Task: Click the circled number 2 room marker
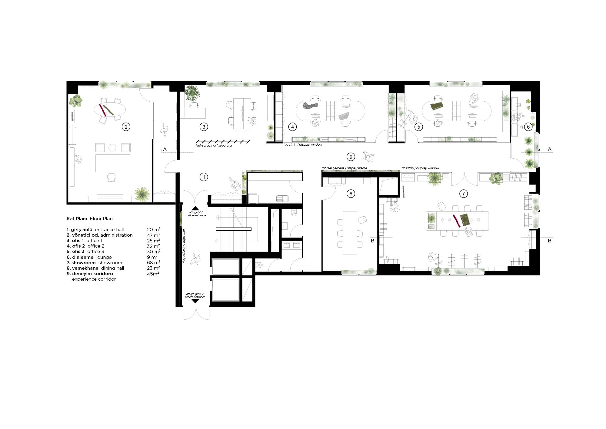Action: (x=126, y=127)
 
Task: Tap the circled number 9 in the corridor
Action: (x=351, y=157)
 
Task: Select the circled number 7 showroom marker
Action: (x=463, y=194)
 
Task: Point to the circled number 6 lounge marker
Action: (x=528, y=127)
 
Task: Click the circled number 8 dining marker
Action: (x=351, y=194)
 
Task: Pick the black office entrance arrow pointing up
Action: (x=195, y=208)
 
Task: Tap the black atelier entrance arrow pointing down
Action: (x=195, y=301)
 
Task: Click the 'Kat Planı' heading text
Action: (x=77, y=219)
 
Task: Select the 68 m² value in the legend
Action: (x=154, y=262)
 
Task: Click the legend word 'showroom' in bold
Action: (x=84, y=263)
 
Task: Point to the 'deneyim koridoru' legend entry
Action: (x=92, y=274)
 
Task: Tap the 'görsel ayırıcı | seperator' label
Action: (x=214, y=146)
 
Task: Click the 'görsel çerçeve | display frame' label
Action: (x=344, y=168)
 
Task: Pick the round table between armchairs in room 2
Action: (x=112, y=148)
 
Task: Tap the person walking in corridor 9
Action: (x=368, y=156)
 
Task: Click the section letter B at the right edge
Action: (x=550, y=241)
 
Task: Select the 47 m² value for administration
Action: (x=154, y=235)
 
